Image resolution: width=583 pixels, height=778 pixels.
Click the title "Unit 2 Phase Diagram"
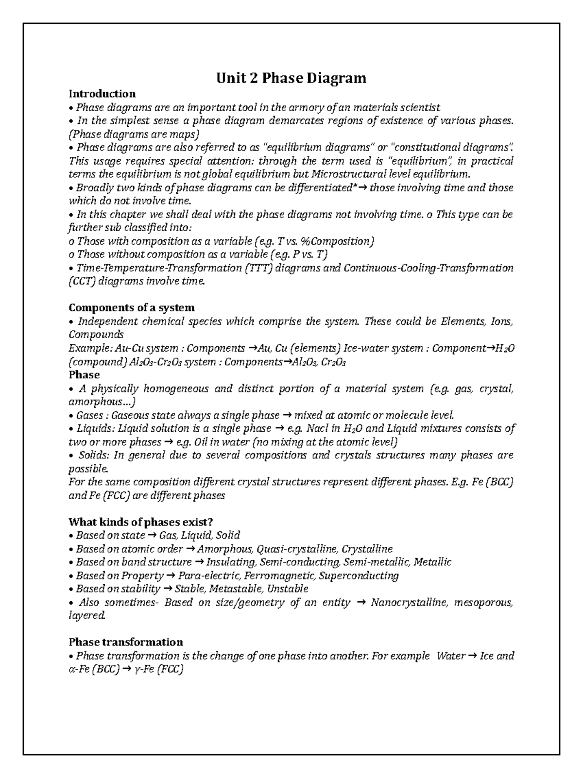[x=291, y=78]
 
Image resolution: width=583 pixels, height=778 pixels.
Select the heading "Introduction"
[x=102, y=93]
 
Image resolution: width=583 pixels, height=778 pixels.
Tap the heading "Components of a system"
[x=132, y=307]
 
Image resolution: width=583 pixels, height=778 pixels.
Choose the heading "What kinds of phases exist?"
[x=141, y=522]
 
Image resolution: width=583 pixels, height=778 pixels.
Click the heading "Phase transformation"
[x=126, y=642]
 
